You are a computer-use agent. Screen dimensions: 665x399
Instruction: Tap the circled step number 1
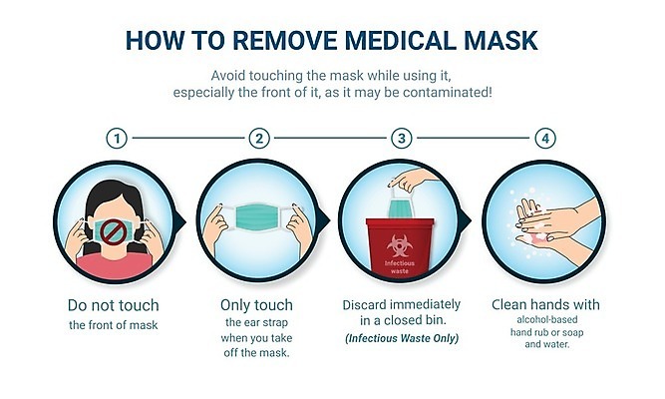tap(117, 139)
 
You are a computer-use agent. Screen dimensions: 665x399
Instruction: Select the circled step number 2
tap(259, 139)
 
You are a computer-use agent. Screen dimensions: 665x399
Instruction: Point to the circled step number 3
tap(401, 139)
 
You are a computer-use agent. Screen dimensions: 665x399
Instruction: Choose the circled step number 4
tap(545, 139)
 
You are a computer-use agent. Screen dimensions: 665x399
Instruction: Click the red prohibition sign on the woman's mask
tap(114, 232)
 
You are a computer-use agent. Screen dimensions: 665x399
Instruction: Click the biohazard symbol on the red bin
tap(400, 245)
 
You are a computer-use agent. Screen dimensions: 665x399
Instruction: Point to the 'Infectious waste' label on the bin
tap(400, 267)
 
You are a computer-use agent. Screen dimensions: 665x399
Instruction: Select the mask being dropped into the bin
tap(401, 206)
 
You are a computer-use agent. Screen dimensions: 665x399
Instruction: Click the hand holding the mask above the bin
tap(413, 180)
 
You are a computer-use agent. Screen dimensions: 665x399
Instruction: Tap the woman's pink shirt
tap(114, 265)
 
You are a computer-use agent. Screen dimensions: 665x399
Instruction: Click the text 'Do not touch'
tap(114, 305)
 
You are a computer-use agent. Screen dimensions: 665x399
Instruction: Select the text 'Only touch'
tap(256, 305)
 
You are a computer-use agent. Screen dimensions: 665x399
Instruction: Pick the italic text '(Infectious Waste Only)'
tap(402, 338)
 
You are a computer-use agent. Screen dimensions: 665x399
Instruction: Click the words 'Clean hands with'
tap(545, 304)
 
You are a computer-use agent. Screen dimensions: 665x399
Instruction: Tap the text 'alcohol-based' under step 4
tap(547, 319)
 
